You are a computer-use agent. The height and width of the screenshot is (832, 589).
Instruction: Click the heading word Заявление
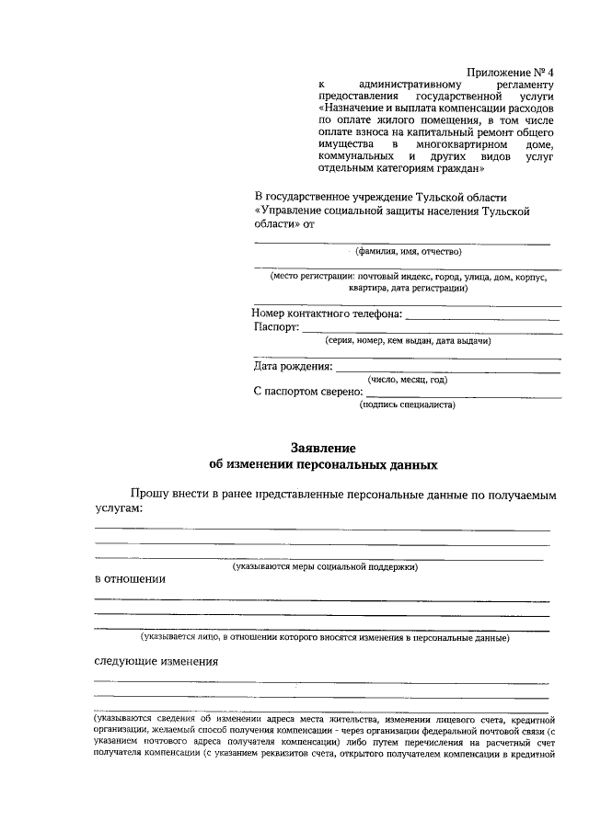click(323, 448)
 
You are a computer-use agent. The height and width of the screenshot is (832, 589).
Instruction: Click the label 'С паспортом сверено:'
click(307, 392)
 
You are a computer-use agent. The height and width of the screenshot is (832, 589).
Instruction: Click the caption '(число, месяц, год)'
click(408, 379)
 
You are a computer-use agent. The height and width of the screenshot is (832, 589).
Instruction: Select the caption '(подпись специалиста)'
click(408, 404)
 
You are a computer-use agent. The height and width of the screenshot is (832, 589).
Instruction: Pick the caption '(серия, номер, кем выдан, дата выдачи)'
click(408, 340)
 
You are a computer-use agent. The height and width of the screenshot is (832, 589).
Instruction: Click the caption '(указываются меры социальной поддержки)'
click(325, 567)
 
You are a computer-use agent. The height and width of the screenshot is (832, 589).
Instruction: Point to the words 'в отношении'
click(131, 579)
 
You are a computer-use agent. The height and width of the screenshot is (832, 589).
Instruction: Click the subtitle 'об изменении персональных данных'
click(323, 464)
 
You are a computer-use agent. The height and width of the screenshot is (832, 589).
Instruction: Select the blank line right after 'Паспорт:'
click(431, 330)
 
